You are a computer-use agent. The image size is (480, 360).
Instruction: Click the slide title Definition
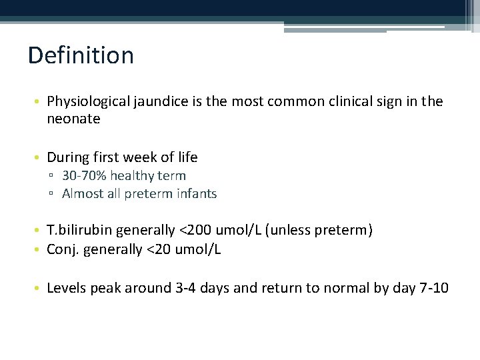coord(81,55)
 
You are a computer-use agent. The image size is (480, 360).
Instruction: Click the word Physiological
coord(87,101)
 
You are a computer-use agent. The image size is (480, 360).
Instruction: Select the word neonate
coord(73,119)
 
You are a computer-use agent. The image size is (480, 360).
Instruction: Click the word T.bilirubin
coord(79,231)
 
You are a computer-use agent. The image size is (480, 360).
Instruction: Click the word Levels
coord(67,288)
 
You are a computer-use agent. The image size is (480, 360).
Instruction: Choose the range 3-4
coord(182,288)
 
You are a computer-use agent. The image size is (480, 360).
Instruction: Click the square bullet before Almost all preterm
coord(52,195)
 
